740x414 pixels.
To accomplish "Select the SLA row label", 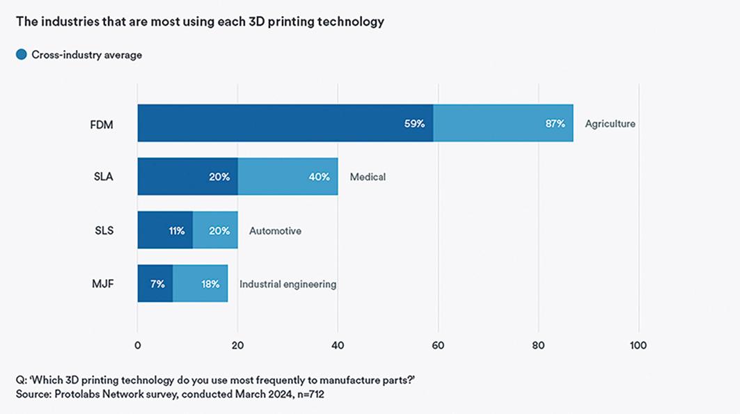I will point(104,177).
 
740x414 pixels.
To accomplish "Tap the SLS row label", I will point(104,230).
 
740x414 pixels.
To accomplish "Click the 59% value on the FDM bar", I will point(415,124).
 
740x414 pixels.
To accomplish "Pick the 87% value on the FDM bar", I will point(555,124).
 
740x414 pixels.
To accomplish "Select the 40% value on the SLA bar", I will point(320,177).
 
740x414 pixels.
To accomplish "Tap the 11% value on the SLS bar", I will point(177,230).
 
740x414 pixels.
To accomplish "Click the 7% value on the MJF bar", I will point(157,284).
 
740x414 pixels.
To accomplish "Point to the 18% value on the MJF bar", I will point(210,284).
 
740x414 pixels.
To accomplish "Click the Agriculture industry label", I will point(610,124).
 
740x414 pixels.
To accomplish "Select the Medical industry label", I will point(368,177).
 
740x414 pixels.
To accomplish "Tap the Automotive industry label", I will point(275,230).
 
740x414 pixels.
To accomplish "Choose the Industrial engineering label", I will point(288,284).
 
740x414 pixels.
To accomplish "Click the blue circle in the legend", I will point(22,54).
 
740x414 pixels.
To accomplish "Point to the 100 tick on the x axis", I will point(638,345).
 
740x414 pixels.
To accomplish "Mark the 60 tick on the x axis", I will point(438,345).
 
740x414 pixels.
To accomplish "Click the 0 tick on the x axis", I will point(138,345).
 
